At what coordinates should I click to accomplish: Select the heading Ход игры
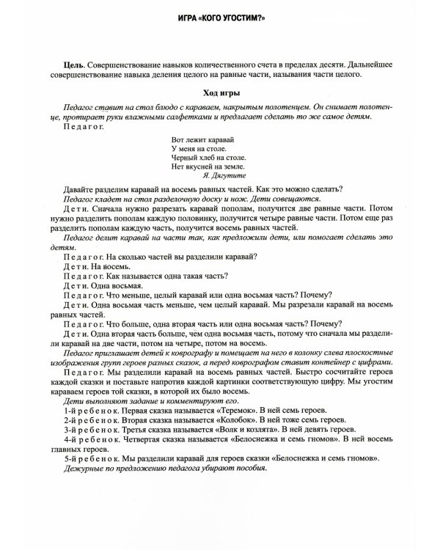[219, 93]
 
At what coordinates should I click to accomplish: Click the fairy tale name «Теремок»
[248, 411]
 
